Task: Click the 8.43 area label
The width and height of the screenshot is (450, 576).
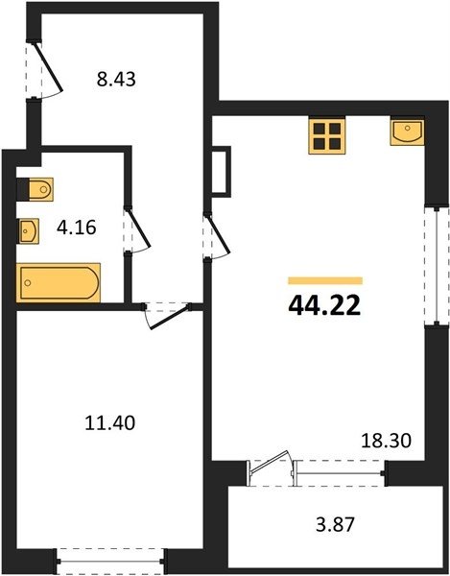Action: coord(116,79)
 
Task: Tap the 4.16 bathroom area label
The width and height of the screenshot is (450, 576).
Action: coord(77,228)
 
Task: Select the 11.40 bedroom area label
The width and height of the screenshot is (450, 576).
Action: coord(109,422)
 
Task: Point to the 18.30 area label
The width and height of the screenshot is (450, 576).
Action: coord(386,440)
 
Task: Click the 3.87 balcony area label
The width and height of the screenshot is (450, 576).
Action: coord(335,524)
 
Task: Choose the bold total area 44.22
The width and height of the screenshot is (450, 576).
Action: coord(325,306)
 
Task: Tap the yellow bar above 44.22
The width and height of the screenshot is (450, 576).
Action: coord(325,280)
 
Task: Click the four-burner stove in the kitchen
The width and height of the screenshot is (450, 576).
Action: coord(326,136)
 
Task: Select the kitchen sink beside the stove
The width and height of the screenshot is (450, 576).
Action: coord(407,132)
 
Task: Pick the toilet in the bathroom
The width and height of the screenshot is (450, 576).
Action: coord(36,189)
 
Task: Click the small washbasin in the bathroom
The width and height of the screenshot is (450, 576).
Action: coord(28,231)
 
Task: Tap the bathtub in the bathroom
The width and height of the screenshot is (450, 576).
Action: coord(59,282)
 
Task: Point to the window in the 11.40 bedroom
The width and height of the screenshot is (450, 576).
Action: coord(111,561)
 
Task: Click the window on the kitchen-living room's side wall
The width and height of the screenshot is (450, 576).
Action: coord(437,266)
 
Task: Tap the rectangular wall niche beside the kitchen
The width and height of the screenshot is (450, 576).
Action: coord(222,172)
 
